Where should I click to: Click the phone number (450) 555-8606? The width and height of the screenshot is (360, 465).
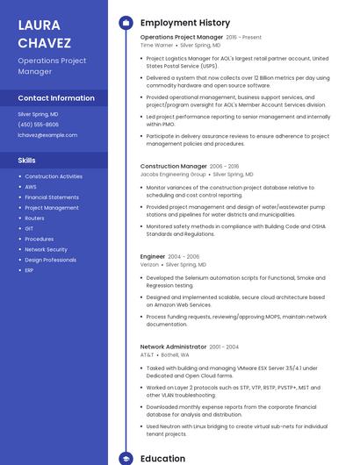click(39, 125)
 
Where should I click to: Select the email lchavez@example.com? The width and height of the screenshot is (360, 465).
click(47, 135)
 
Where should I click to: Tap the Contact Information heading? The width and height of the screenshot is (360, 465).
click(56, 98)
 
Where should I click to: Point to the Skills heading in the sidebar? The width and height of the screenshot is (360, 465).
click(27, 161)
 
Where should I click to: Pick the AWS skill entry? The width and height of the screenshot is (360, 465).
click(31, 187)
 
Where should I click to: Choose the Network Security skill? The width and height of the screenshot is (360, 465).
click(46, 249)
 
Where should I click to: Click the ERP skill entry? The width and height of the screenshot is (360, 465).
click(29, 270)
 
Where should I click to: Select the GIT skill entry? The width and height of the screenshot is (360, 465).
click(29, 228)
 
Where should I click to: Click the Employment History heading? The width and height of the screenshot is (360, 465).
click(185, 23)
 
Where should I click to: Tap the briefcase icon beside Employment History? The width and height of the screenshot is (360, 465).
click(126, 23)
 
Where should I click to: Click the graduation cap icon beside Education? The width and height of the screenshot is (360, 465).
click(126, 458)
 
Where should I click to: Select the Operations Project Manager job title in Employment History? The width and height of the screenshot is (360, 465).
click(182, 38)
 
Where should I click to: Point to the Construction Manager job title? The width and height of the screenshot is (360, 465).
click(174, 166)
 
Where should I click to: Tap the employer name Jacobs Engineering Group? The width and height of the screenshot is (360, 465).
click(173, 175)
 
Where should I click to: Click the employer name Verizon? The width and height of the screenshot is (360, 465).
click(149, 264)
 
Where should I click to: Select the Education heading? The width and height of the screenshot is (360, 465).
click(162, 458)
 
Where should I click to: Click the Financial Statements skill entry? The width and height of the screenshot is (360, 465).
click(52, 197)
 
